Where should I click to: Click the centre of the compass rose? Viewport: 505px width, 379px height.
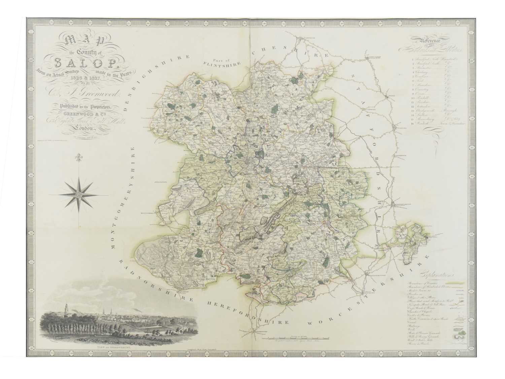(79, 195)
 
